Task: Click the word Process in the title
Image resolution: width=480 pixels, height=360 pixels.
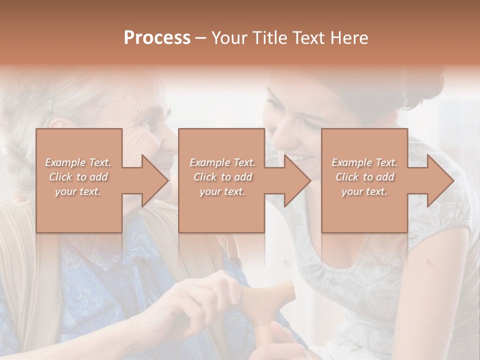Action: coord(157,38)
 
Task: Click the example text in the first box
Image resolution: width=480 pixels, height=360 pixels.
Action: coord(78,176)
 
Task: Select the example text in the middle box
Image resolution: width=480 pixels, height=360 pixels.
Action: coord(222,176)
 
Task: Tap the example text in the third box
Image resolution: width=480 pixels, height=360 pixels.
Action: coord(364,176)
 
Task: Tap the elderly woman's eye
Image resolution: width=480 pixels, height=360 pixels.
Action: coord(146,121)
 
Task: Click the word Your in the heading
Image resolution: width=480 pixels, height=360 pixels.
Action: coord(229,38)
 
